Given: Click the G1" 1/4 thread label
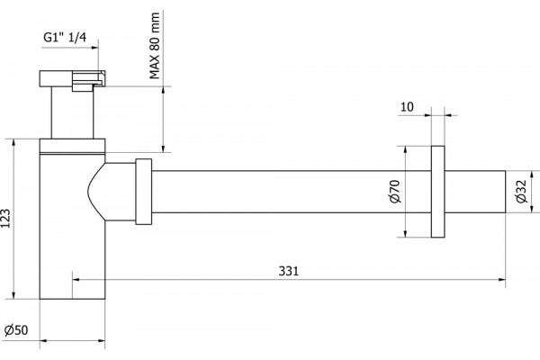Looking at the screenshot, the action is coord(65,37).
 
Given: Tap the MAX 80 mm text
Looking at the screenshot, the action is coord(155,46).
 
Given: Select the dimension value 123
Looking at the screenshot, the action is coord(6,218).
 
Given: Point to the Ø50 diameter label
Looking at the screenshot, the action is coord(16,330).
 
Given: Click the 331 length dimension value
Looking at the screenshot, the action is coord(289,271).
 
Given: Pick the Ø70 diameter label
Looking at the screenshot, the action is coord(396,191).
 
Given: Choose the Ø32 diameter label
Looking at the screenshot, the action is coord(521,192).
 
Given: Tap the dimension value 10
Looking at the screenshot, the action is coord(407,107).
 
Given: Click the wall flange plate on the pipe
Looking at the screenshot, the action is coord(437,192).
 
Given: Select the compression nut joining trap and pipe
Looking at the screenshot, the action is coord(144,192).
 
